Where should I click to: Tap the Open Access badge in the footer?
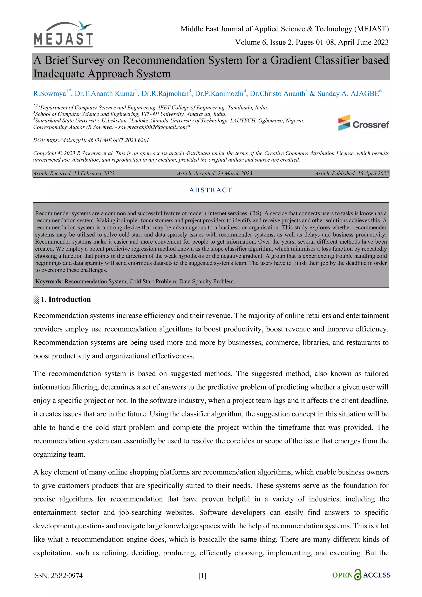(x=361, y=575)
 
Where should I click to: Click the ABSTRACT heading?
(x=211, y=190)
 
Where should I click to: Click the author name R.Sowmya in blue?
(x=49, y=94)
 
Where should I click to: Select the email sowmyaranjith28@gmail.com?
(x=152, y=127)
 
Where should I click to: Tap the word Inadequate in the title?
(x=59, y=74)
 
